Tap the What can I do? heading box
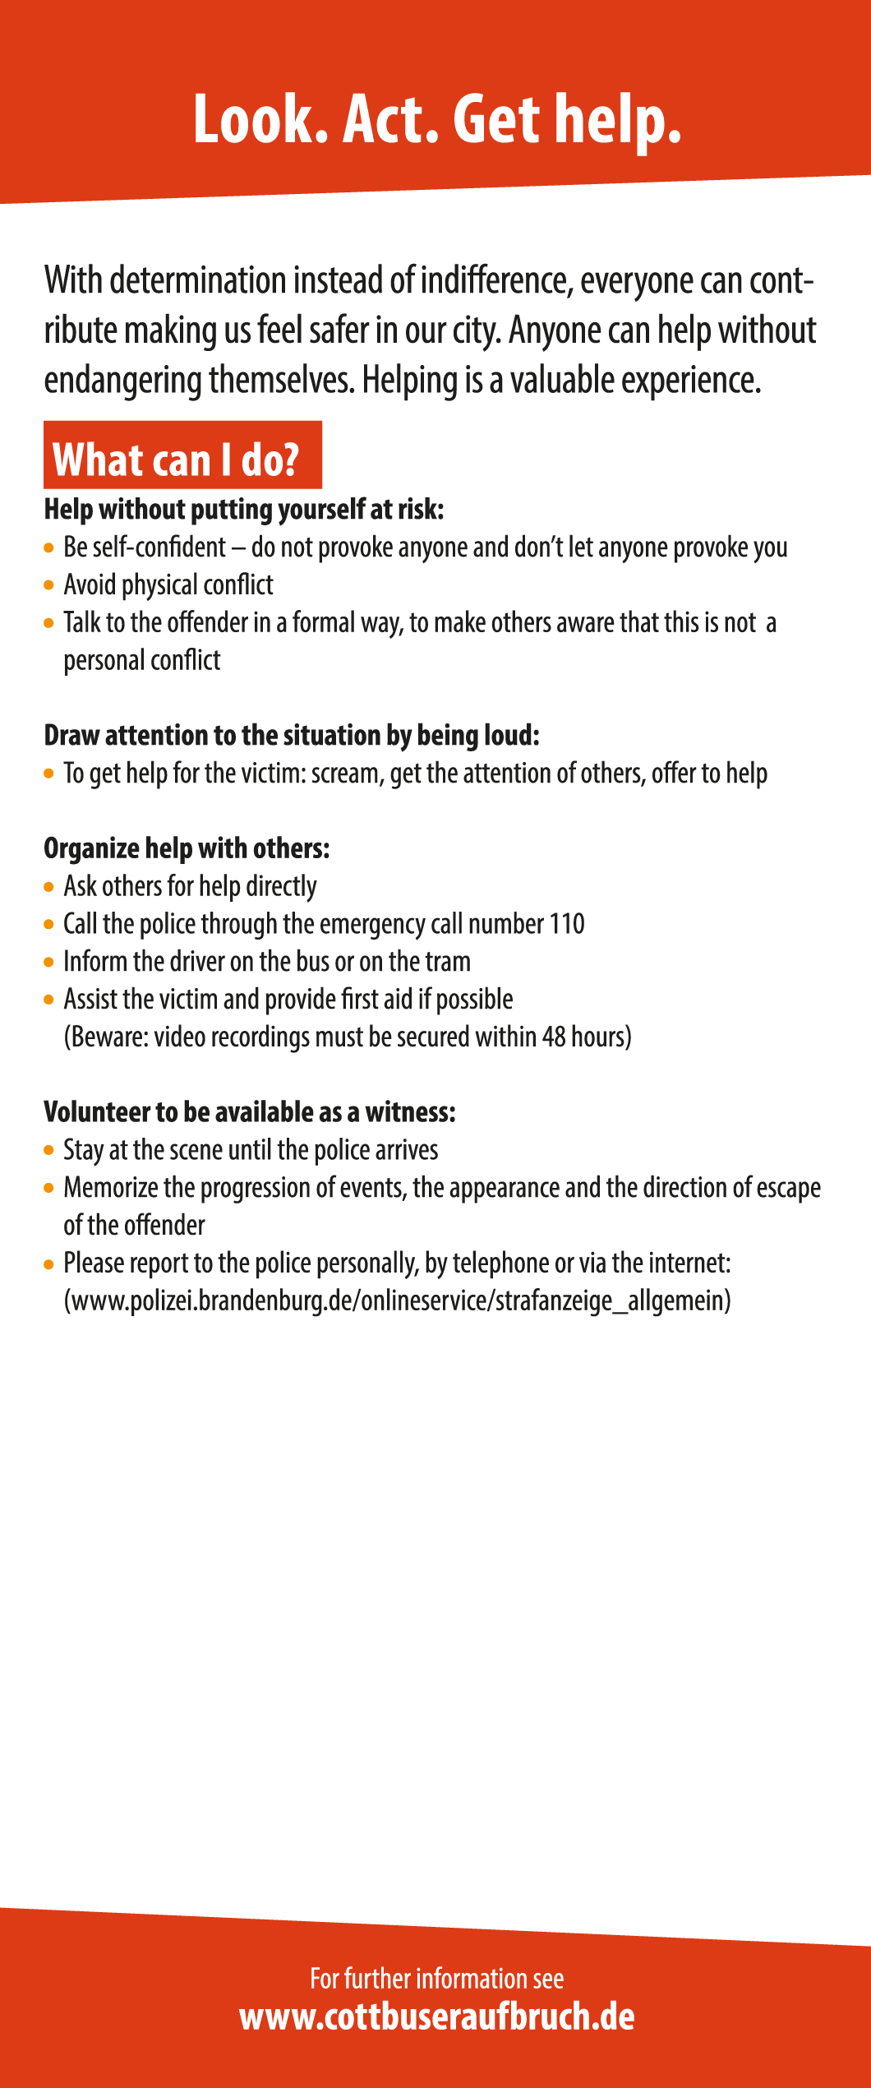point(182,457)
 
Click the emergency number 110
point(567,924)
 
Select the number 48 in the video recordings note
point(553,1037)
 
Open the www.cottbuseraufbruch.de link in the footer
point(436,2018)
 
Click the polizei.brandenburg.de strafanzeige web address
point(397,1300)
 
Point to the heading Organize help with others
point(187,848)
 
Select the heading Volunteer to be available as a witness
point(249,1112)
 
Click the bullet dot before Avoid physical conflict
point(49,585)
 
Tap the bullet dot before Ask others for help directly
point(49,887)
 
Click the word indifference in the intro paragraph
point(495,281)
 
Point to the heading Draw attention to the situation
point(292,735)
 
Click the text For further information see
point(436,1979)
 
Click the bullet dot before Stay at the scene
point(49,1150)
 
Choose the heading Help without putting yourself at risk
point(243,510)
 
